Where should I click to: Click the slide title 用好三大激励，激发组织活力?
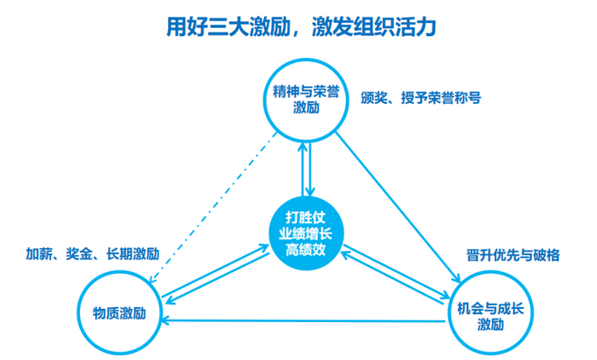[x=302, y=26]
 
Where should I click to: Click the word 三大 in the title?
[x=225, y=26]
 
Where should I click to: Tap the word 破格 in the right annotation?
[x=546, y=255]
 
